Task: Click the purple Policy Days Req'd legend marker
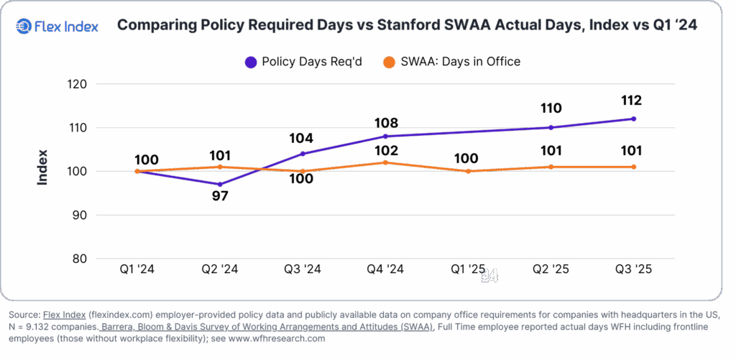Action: coord(251,62)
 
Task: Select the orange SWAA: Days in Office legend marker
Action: coord(389,62)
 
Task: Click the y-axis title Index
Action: coord(42,167)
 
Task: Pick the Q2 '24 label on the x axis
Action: coord(219,269)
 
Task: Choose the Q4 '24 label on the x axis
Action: coord(385,269)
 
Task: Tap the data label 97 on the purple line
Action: coord(220,195)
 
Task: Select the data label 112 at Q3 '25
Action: coord(632,101)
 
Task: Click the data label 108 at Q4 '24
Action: coord(385,123)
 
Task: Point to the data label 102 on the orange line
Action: coord(385,151)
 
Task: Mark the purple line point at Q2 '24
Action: coord(220,185)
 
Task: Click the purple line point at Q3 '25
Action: coord(632,119)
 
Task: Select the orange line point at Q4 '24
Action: coord(385,162)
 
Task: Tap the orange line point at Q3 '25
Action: coord(632,167)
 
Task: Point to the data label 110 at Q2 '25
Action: coord(551,109)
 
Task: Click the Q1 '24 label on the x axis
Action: coord(137,269)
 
